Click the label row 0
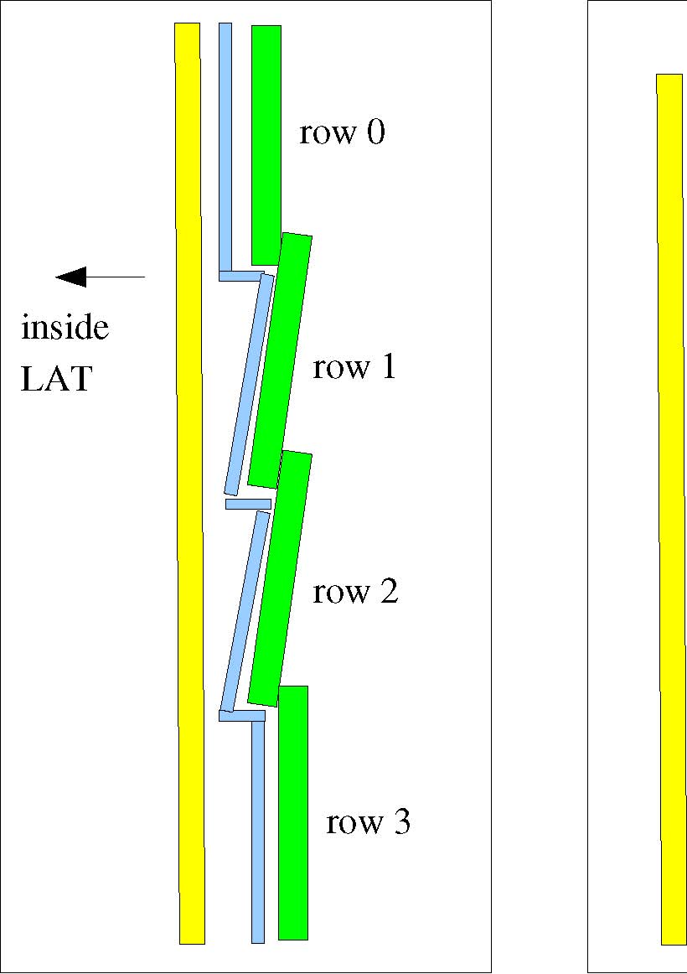[x=342, y=132]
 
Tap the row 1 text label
[x=354, y=366]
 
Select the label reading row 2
[x=355, y=591]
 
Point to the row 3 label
[x=368, y=821]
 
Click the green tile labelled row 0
[x=266, y=145]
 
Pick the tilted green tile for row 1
[x=280, y=361]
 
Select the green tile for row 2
[x=280, y=579]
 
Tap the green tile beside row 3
[x=293, y=813]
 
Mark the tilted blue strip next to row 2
[x=246, y=611]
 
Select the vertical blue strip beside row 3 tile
[x=258, y=832]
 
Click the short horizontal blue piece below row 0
[x=240, y=276]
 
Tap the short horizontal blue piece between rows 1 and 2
[x=248, y=504]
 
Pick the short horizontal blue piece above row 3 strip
[x=242, y=716]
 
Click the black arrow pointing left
[x=101, y=277]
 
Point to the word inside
[x=65, y=327]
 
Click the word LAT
[x=56, y=378]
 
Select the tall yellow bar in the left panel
[x=189, y=484]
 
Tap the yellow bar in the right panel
[x=672, y=510]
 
